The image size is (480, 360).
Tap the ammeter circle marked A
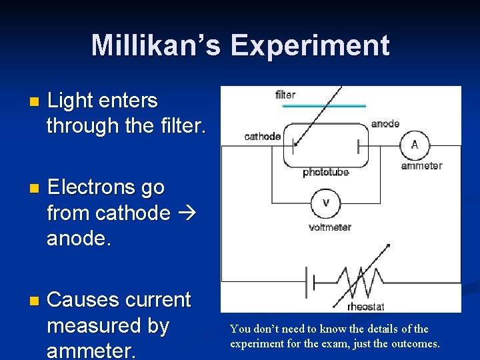click(x=415, y=145)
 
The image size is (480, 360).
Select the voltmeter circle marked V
click(x=326, y=203)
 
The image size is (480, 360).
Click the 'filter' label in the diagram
click(x=285, y=95)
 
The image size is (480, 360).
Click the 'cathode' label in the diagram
click(x=263, y=137)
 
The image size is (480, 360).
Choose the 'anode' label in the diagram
click(x=385, y=124)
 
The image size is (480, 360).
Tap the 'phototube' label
click(x=325, y=173)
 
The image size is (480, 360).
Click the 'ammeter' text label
click(x=421, y=166)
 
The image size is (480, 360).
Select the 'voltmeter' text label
click(x=330, y=227)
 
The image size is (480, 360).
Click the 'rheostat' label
click(x=366, y=307)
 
